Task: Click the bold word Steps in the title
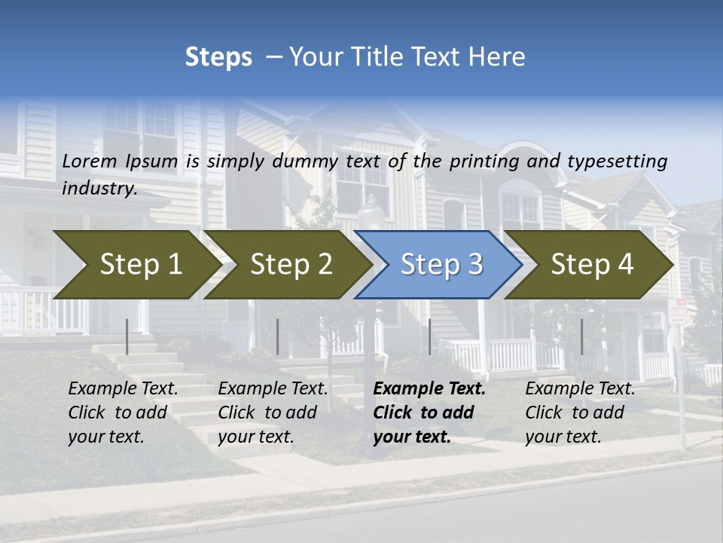tap(218, 57)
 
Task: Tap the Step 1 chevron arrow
tap(136, 265)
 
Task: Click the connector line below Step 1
tap(127, 336)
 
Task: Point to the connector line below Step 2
tap(278, 336)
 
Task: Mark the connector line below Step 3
tap(430, 336)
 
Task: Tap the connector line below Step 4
tap(581, 336)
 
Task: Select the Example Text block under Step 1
tap(123, 413)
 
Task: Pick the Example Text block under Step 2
tap(273, 413)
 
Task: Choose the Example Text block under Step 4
tap(580, 413)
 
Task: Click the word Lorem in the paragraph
tap(90, 161)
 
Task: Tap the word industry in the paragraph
tap(99, 189)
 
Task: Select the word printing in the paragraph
tap(487, 161)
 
